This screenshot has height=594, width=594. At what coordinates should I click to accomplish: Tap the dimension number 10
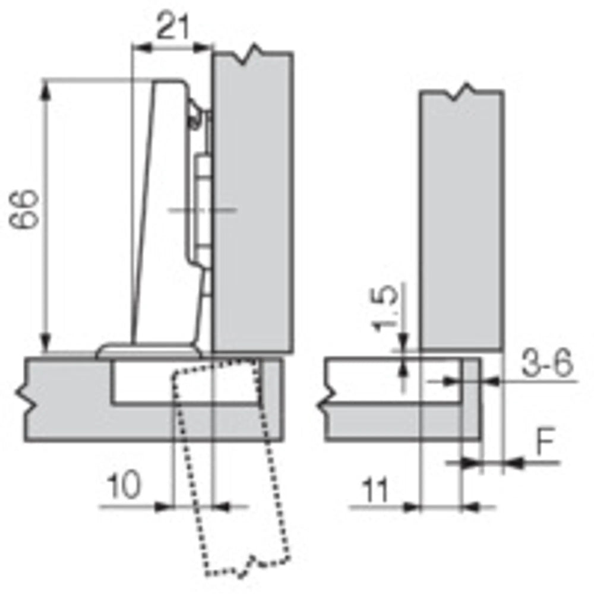click(124, 485)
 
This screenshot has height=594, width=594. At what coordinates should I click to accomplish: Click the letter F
click(546, 441)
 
